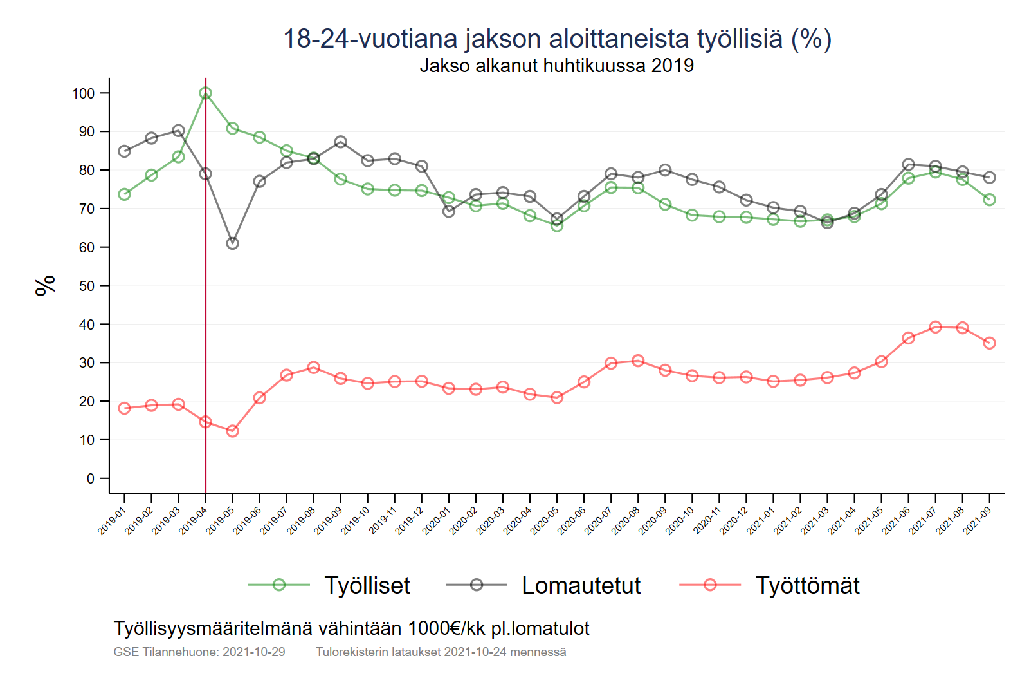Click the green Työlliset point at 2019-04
[205, 93]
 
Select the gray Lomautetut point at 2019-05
[233, 243]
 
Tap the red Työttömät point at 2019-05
[233, 431]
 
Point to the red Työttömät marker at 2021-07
[935, 327]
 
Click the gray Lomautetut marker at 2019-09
[341, 142]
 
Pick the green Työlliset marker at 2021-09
[989, 200]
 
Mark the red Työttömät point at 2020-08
[638, 361]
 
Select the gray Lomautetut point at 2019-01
[125, 151]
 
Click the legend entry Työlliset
[367, 585]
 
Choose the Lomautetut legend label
[581, 585]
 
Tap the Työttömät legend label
[807, 585]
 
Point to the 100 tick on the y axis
[83, 93]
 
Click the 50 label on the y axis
[87, 286]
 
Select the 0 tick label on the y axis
[91, 478]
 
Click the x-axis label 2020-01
[437, 520]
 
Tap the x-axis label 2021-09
[977, 520]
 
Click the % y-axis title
[45, 285]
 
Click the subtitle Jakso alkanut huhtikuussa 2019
[556, 66]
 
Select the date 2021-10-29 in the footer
[253, 652]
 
